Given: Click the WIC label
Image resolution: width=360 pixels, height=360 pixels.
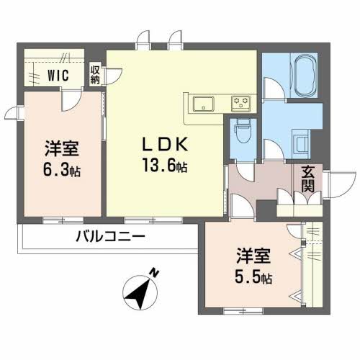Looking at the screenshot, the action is pyautogui.click(x=58, y=75).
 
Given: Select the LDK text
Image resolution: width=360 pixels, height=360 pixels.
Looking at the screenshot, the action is pyautogui.click(x=165, y=144).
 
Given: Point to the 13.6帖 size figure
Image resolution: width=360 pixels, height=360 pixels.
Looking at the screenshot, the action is pyautogui.click(x=165, y=165).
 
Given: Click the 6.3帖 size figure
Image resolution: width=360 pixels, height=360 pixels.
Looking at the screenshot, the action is pyautogui.click(x=62, y=169).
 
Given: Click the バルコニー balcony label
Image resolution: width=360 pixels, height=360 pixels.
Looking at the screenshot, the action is pyautogui.click(x=111, y=236).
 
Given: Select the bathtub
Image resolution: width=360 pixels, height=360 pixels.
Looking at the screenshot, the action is pyautogui.click(x=306, y=76).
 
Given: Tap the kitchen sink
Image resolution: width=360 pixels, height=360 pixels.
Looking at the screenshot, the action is pyautogui.click(x=204, y=104).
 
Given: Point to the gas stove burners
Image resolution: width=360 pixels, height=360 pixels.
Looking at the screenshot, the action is pyautogui.click(x=240, y=104).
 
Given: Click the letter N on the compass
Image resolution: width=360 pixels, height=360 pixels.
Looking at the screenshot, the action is pyautogui.click(x=155, y=273).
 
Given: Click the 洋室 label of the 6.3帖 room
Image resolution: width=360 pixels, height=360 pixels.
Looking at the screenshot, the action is pyautogui.click(x=62, y=149).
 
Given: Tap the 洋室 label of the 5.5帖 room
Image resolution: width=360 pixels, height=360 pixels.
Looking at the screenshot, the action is pyautogui.click(x=253, y=256).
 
